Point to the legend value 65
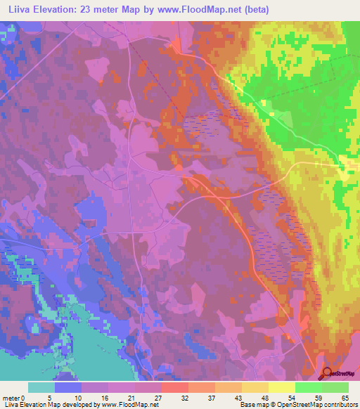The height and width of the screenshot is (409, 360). (x=344, y=397)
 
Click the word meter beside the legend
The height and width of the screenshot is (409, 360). (x=10, y=397)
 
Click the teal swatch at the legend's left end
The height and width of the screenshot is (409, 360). (x=41, y=387)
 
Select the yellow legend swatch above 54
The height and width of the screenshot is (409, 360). (x=282, y=387)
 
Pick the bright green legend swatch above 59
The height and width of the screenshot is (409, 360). (x=309, y=387)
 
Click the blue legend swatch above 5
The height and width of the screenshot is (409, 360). (x=68, y=387)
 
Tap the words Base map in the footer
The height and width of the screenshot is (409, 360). (x=250, y=405)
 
